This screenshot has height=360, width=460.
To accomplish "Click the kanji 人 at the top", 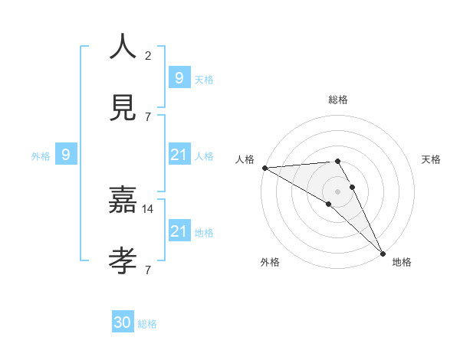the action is click(123, 47).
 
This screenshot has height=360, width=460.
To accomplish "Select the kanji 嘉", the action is click(123, 201).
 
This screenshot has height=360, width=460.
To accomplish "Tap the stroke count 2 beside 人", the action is click(148, 56).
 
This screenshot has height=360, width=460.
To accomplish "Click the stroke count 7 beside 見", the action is click(148, 116).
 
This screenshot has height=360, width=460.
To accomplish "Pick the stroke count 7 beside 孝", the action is click(148, 270).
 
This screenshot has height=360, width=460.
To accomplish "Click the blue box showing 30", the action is click(123, 323).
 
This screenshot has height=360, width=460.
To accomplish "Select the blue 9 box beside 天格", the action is click(179, 78).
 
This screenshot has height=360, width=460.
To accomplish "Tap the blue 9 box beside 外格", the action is click(66, 155).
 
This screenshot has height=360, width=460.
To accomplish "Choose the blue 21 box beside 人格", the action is click(179, 155).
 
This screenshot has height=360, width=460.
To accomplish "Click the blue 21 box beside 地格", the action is click(179, 231).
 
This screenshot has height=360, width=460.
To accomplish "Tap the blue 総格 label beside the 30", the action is click(147, 324).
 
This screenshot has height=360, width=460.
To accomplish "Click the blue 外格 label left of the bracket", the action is click(41, 156).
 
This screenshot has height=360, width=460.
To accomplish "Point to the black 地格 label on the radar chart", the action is click(402, 263).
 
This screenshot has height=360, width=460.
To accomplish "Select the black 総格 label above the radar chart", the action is click(338, 100).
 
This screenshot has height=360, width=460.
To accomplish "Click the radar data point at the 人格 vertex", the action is click(264, 168).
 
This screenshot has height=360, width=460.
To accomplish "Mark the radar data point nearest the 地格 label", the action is click(382, 253).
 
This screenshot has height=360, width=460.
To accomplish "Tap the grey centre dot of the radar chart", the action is click(338, 191).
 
